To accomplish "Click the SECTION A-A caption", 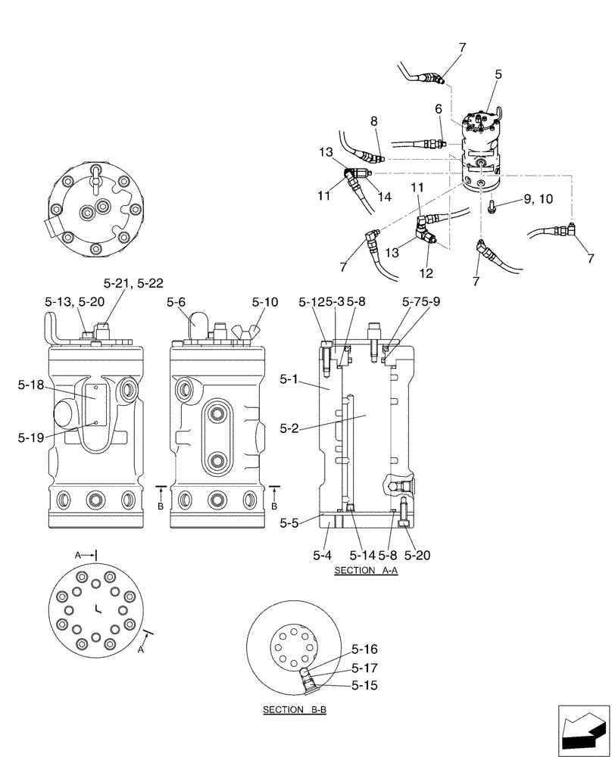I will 366,570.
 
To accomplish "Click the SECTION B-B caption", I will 294,710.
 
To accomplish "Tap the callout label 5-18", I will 33,385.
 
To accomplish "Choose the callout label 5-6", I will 176,302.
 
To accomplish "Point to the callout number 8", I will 373,120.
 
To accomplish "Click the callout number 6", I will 438,109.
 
